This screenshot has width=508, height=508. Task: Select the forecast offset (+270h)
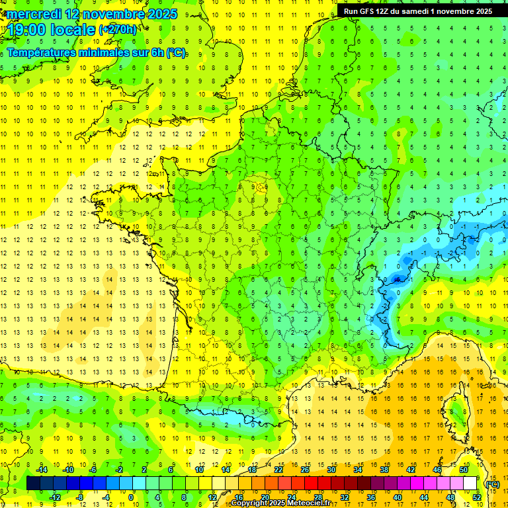(118, 30)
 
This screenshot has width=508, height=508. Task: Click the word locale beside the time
(75, 30)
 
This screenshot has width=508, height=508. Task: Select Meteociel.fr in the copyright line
(309, 503)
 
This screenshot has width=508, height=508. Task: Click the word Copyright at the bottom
(250, 503)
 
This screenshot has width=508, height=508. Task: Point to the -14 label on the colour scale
(42, 470)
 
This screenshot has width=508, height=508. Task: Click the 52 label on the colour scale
(476, 497)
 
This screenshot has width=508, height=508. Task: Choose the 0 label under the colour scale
(131, 497)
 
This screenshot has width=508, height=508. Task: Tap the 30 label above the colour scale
(331, 470)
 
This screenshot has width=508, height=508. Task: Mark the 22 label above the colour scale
(278, 470)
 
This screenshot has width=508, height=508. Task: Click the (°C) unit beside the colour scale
(492, 484)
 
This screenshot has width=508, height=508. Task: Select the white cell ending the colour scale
(470, 484)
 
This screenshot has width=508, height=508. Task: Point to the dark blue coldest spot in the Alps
(397, 280)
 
